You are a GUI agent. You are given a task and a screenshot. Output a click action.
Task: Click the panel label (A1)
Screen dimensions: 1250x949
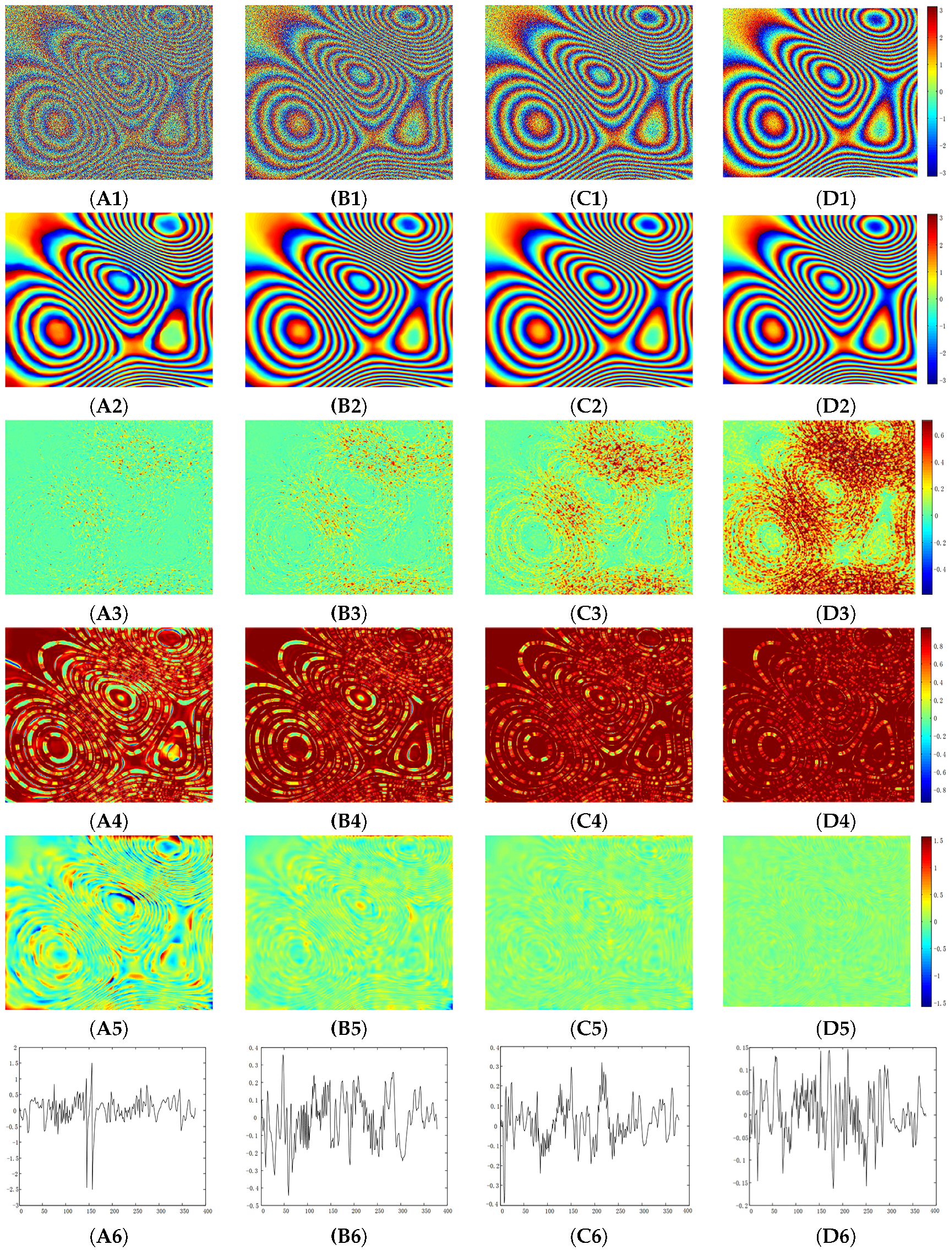[x=108, y=199]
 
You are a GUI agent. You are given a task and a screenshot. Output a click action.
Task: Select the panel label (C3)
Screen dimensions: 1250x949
[x=588, y=613]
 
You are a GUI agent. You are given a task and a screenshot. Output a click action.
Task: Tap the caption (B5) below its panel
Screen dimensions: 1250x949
[x=348, y=1028]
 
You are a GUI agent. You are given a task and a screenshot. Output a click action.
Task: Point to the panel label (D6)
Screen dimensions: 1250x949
[x=835, y=1236]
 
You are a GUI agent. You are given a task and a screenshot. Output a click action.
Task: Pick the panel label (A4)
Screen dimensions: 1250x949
[x=108, y=820]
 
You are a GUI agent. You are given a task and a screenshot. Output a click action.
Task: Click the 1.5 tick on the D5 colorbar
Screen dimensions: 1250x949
[x=938, y=841]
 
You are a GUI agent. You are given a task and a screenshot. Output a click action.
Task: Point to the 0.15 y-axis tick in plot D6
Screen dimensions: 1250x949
[x=742, y=1048]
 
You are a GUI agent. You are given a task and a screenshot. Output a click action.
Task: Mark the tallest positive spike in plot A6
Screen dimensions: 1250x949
[x=91, y=1064]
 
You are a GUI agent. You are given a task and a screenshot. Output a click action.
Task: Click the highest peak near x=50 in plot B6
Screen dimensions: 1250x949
[x=283, y=1055]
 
